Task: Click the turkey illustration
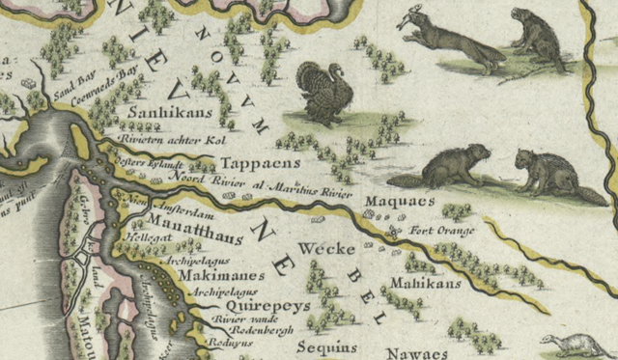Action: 323,93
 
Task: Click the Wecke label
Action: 320,248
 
